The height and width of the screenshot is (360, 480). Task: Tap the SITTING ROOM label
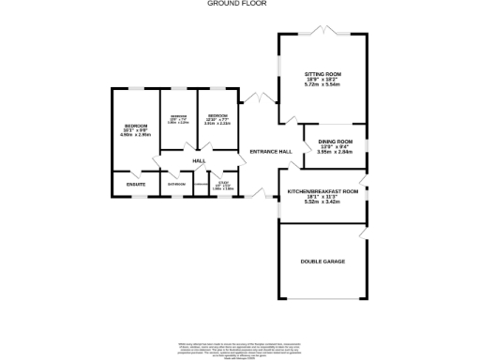(322, 72)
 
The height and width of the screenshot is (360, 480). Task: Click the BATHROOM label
(176, 184)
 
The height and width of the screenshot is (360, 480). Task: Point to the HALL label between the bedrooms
(199, 161)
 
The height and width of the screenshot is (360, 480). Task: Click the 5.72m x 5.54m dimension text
(322, 84)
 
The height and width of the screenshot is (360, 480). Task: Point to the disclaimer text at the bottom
(240, 347)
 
